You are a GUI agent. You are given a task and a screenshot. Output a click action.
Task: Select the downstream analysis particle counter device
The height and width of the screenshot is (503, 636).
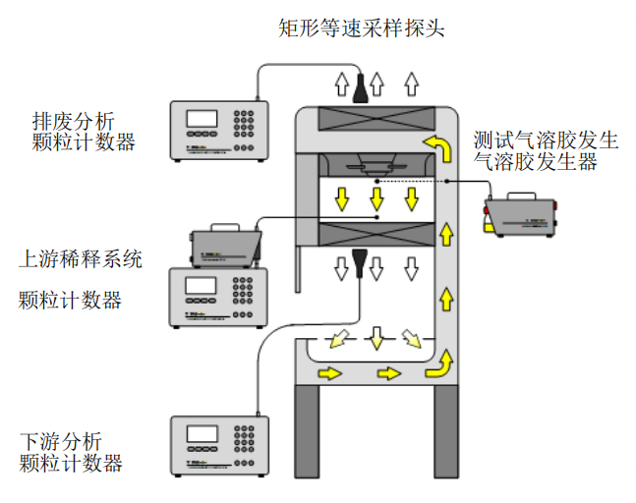pyautogui.click(x=218, y=445)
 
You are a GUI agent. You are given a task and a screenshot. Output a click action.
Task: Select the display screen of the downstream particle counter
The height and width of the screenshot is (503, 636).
pyautogui.click(x=202, y=433)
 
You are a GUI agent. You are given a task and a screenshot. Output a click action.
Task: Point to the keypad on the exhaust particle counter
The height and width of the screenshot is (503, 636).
pyautogui.click(x=245, y=122)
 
